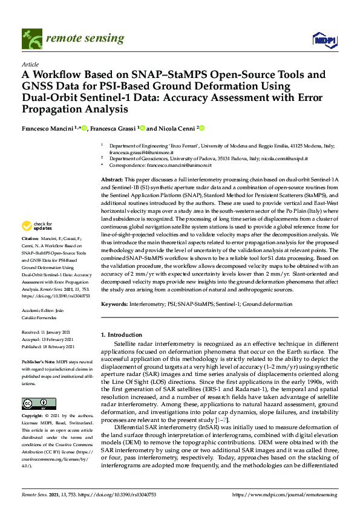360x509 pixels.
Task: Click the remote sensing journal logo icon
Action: [x=30, y=39]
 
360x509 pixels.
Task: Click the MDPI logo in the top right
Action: [x=324, y=40]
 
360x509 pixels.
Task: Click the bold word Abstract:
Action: [x=111, y=180]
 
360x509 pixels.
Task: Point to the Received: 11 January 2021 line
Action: [x=48, y=333]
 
